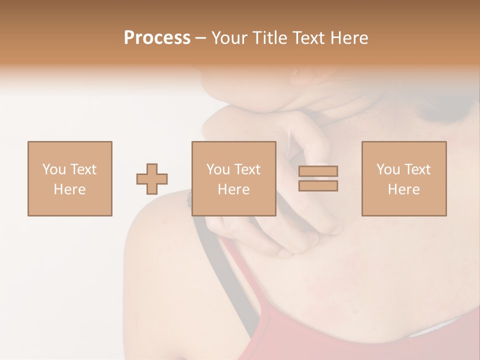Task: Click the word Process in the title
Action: (157, 38)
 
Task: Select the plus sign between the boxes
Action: (152, 178)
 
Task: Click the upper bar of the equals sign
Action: (318, 171)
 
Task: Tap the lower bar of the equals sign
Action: (318, 186)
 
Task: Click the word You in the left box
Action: (54, 169)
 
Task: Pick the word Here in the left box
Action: (69, 189)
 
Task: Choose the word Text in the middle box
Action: (247, 169)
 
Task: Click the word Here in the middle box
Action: (233, 189)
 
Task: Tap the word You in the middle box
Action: (218, 169)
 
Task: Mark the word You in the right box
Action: (388, 169)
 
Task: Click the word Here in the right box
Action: (403, 189)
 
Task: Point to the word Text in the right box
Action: (417, 169)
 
